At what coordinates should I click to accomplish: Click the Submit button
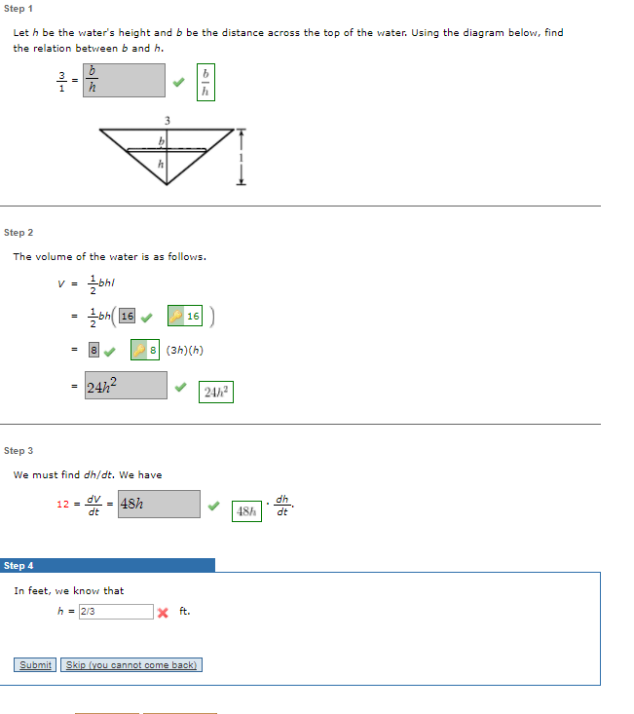[35, 665]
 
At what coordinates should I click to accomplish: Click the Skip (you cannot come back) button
[131, 665]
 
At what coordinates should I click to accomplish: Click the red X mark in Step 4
[163, 613]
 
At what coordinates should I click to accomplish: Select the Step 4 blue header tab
[107, 565]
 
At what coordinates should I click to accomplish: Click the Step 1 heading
[19, 8]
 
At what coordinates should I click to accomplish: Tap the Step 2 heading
[19, 233]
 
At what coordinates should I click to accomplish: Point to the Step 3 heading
[19, 451]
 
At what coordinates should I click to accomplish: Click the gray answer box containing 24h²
[126, 386]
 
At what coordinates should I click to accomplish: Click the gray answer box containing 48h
[159, 504]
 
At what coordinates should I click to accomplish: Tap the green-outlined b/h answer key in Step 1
[205, 81]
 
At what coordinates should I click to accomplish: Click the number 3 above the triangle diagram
[168, 119]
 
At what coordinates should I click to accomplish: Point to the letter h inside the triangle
[160, 165]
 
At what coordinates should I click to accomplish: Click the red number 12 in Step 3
[63, 504]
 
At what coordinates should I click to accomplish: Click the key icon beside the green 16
[176, 317]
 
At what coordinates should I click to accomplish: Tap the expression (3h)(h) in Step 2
[185, 350]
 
